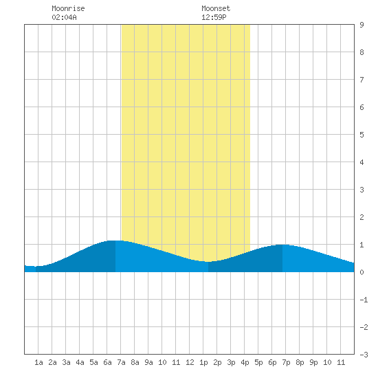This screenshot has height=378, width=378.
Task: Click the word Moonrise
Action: (68, 8)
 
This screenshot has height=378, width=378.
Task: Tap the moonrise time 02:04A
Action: (64, 17)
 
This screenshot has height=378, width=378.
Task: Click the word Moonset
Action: (216, 8)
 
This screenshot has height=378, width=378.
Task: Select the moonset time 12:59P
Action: (214, 17)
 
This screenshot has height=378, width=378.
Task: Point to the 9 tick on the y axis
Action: (362, 25)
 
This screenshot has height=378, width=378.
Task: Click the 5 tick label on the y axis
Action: (362, 135)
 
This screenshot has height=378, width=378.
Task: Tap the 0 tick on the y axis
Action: (362, 272)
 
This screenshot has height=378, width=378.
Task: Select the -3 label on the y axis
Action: (364, 355)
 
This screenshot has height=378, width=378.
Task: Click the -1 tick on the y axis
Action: (364, 300)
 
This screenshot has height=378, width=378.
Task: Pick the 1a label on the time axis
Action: (38, 362)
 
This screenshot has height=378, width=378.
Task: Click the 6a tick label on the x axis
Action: (107, 362)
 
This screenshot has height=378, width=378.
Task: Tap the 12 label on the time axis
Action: (190, 362)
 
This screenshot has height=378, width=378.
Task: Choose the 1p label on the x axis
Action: (203, 362)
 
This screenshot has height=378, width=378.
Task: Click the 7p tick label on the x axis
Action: (286, 362)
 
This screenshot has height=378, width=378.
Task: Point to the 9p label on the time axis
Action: (313, 362)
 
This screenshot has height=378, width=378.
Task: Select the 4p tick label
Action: (245, 362)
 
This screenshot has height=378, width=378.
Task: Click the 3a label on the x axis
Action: (66, 362)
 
